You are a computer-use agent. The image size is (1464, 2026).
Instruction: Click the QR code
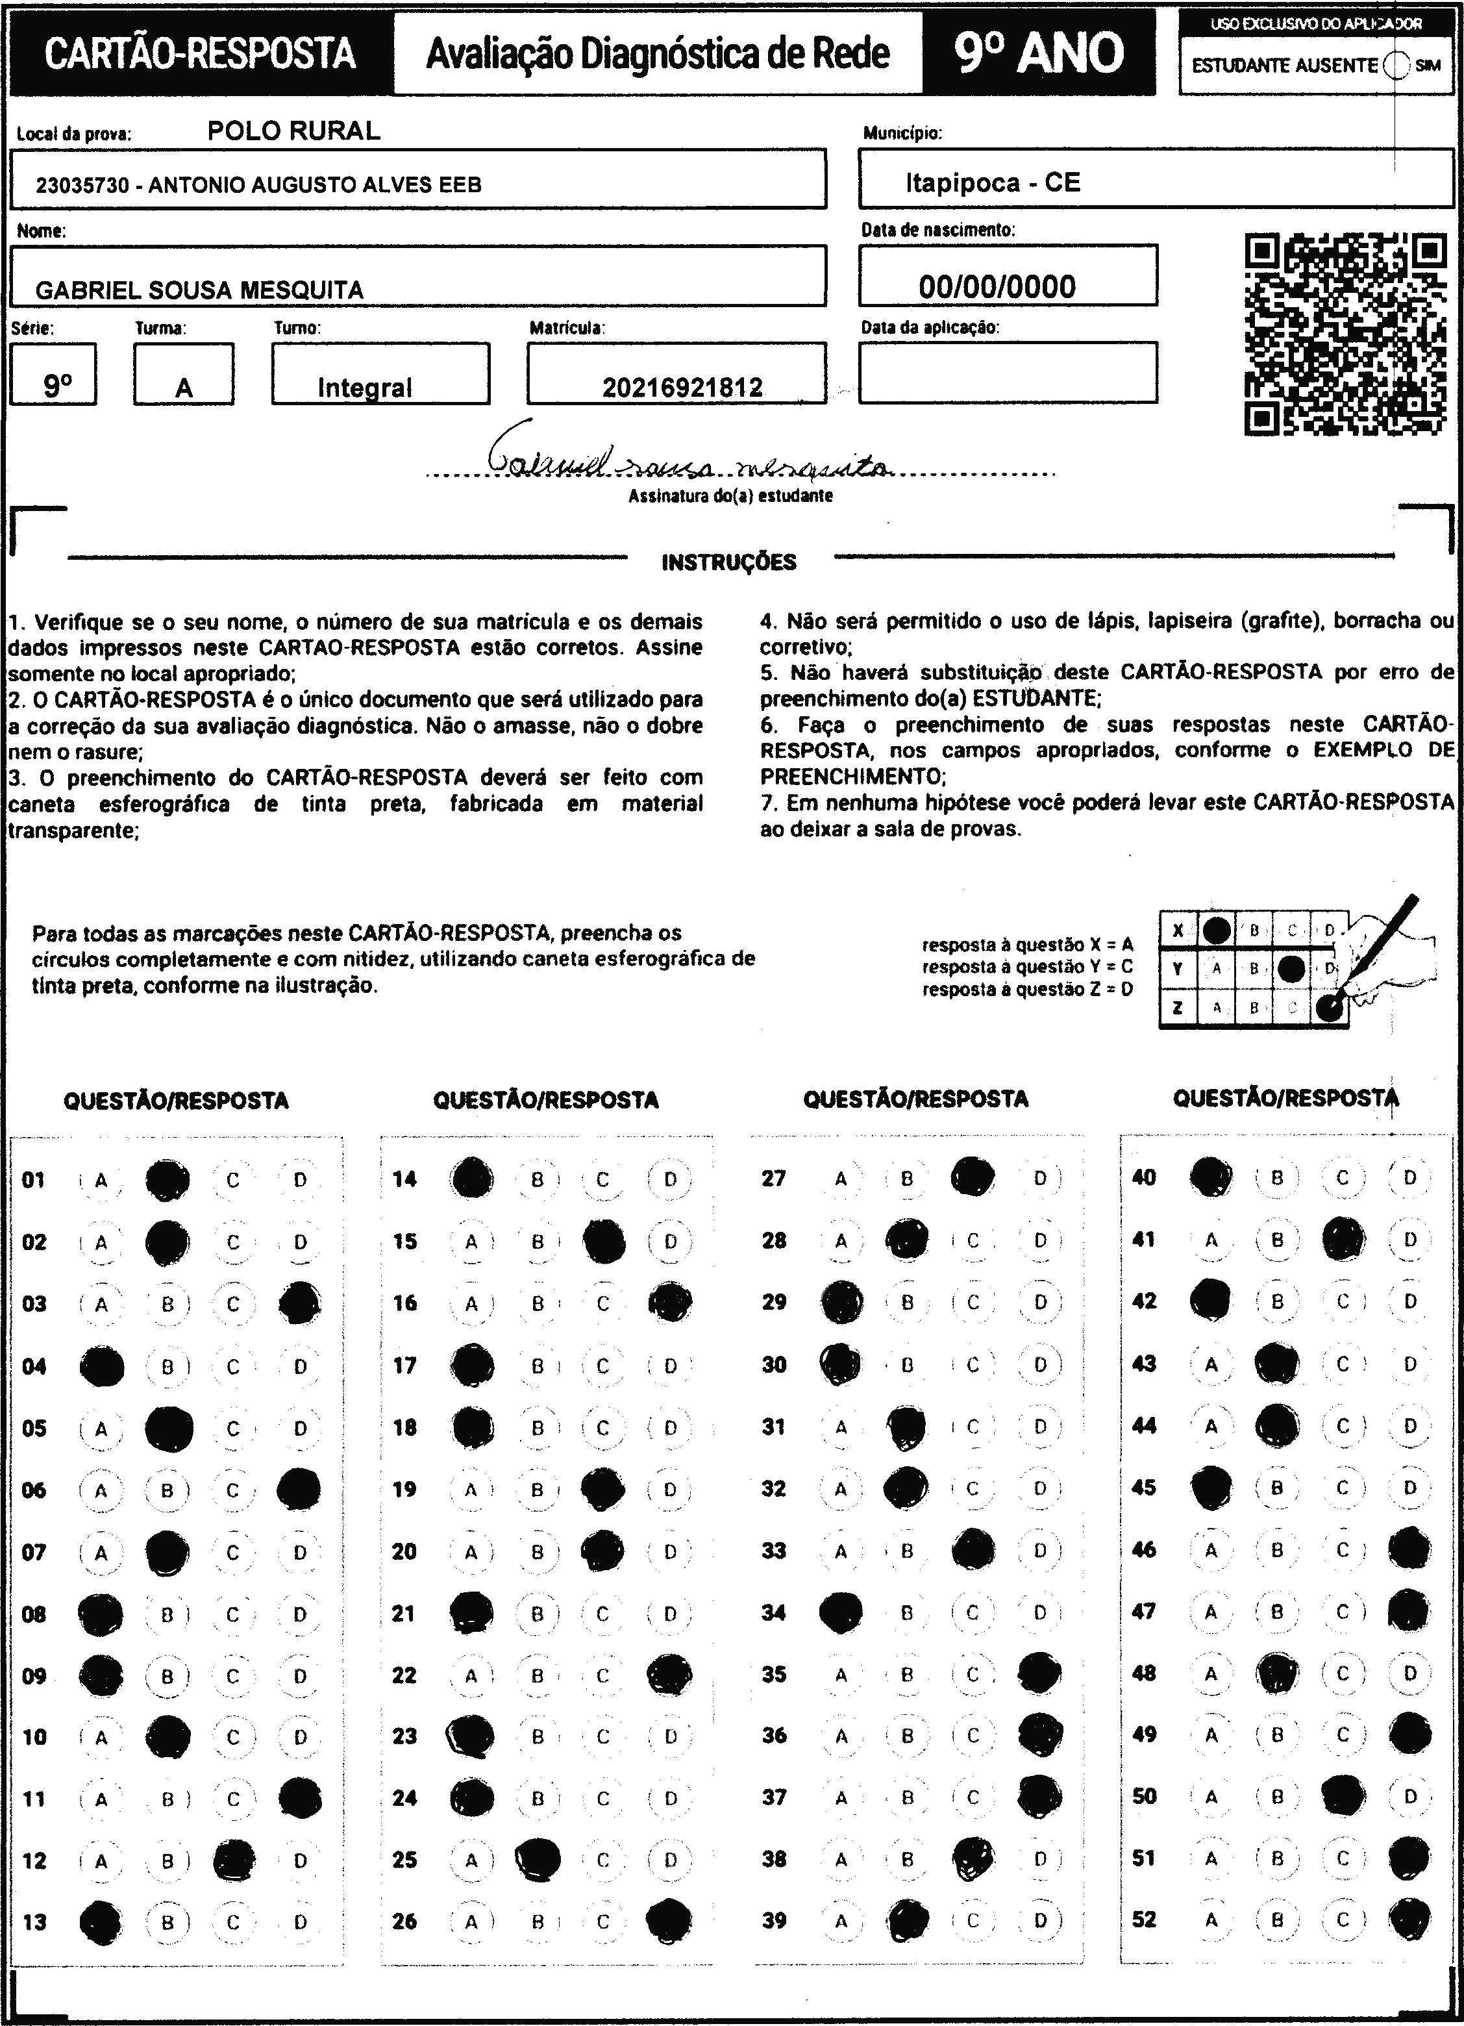(1345, 334)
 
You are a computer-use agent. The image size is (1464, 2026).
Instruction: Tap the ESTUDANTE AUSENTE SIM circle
(1395, 65)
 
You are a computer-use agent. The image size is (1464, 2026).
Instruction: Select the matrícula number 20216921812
(682, 387)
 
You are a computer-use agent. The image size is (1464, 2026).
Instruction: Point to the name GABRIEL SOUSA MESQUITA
(199, 290)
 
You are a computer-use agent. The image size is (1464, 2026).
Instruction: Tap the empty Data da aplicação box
(1008, 373)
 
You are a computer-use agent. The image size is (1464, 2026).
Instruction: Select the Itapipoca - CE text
(993, 183)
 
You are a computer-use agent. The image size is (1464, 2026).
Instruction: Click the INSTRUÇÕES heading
(729, 562)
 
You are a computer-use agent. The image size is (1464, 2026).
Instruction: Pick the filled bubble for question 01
(168, 1180)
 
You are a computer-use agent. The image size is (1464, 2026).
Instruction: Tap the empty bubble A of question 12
(101, 1861)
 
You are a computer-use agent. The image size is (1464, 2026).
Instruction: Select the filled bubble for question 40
(1211, 1177)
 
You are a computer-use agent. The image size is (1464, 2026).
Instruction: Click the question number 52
(1143, 1919)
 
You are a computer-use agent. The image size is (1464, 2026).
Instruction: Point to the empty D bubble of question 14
(670, 1180)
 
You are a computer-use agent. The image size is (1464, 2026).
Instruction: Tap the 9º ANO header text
(1039, 54)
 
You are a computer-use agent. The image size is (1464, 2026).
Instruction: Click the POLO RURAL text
(294, 131)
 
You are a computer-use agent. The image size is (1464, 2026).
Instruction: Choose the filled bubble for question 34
(841, 1612)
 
